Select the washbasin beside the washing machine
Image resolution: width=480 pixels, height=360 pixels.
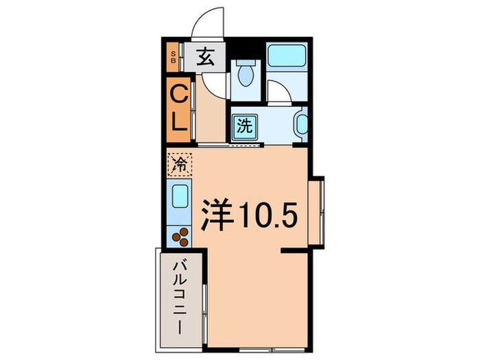coord(301,125)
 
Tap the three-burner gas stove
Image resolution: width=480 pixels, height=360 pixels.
coord(180,236)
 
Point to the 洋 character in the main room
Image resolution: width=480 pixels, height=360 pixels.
coord(216,215)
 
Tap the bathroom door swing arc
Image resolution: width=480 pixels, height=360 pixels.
coord(278,92)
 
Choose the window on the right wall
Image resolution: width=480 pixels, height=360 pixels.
coord(317,213)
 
